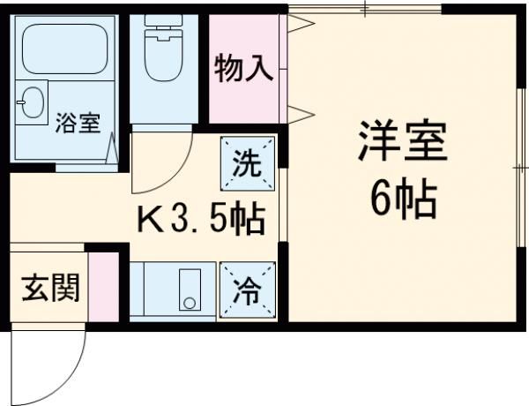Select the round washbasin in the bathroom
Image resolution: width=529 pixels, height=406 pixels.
(x=32, y=103)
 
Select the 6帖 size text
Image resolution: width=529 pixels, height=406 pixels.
(x=402, y=201)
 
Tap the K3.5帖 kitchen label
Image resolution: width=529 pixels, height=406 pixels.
(x=199, y=219)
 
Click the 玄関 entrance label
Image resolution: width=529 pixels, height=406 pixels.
(x=49, y=288)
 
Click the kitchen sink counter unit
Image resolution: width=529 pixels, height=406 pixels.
(x=173, y=291)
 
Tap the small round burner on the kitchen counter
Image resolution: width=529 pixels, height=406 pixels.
(x=188, y=303)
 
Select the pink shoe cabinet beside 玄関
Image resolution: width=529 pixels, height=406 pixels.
(x=104, y=288)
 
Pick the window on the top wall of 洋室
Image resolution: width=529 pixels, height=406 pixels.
(x=366, y=9)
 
